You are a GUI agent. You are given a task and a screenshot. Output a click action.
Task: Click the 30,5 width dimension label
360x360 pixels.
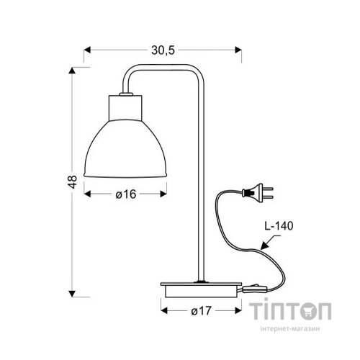click(163, 49)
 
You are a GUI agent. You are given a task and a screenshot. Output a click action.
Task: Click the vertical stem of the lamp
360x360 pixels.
click(199, 180)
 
